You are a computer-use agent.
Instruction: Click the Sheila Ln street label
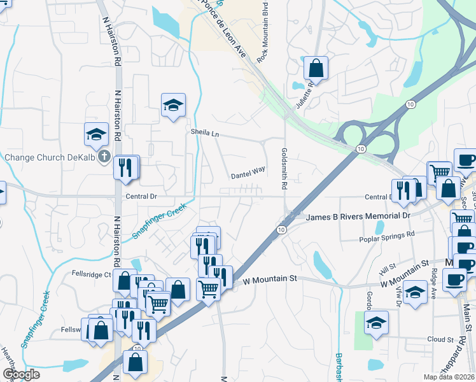pos(205,133)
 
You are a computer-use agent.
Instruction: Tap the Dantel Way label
pos(248,173)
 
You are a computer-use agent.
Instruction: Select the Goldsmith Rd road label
pos(284,170)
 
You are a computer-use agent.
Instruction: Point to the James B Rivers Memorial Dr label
pos(359,216)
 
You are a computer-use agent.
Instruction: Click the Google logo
pos(21,374)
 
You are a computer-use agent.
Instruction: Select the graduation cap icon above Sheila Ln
pos(172,105)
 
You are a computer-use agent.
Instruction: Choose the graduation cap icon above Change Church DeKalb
pos(96,134)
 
